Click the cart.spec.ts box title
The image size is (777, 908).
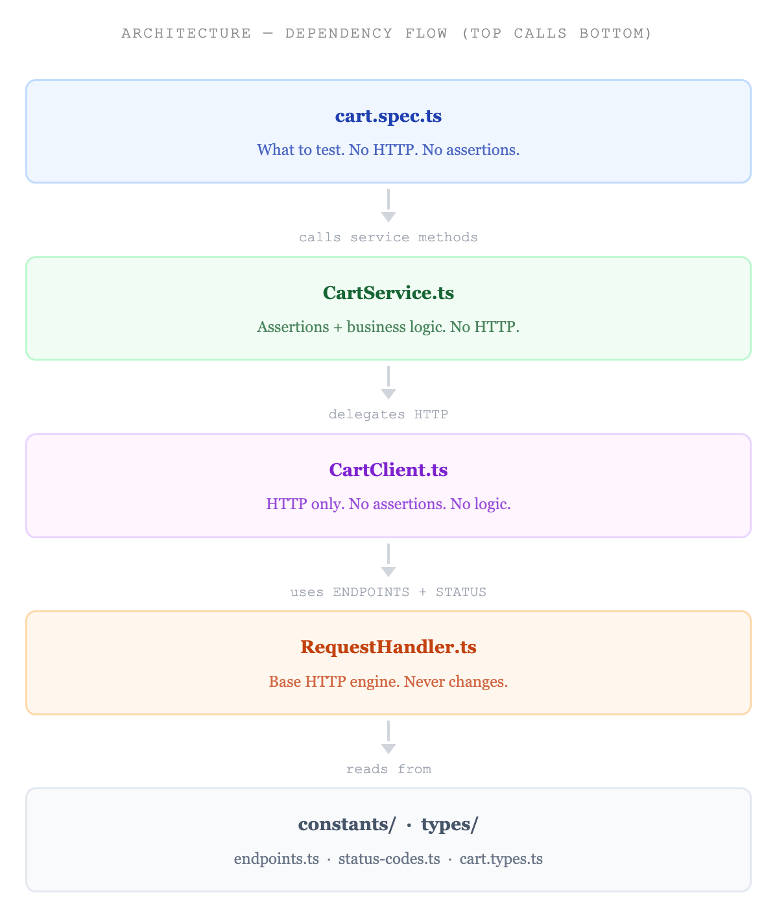click(x=388, y=116)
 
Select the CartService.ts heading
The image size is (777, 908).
click(x=388, y=293)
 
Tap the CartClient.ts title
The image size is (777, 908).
click(x=388, y=470)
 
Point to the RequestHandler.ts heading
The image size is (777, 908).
click(x=388, y=647)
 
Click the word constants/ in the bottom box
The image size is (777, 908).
click(x=347, y=824)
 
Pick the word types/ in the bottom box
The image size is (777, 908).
click(x=449, y=824)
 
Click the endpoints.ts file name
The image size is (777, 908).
click(x=276, y=859)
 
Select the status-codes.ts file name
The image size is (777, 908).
click(x=389, y=859)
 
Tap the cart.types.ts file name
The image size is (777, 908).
click(x=501, y=859)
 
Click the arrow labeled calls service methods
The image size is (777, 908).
click(x=388, y=206)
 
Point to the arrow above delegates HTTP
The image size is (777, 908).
click(x=388, y=383)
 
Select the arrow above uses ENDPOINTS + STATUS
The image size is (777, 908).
click(x=388, y=560)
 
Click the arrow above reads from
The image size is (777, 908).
click(x=388, y=737)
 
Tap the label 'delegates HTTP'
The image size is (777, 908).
click(x=388, y=414)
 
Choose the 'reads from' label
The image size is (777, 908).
click(x=388, y=769)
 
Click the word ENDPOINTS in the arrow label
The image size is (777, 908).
click(x=371, y=591)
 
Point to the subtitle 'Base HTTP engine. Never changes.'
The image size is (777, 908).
click(x=388, y=682)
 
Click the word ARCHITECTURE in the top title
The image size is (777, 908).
click(x=186, y=33)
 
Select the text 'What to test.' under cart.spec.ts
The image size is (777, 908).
click(x=301, y=150)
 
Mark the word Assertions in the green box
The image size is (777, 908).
click(x=293, y=327)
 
